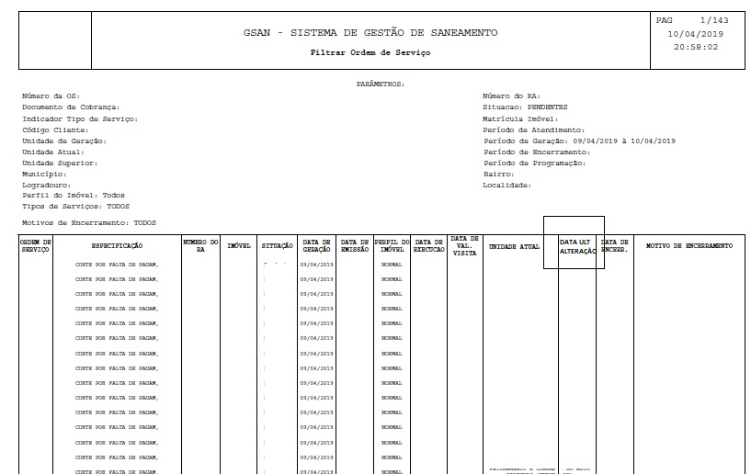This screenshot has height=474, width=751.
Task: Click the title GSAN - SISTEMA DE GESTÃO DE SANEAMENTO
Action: pyautogui.click(x=370, y=33)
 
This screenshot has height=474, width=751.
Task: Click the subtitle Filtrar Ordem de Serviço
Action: pyautogui.click(x=370, y=52)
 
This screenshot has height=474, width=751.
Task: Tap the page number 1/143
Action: pyautogui.click(x=713, y=20)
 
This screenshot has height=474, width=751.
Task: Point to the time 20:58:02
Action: pyautogui.click(x=696, y=47)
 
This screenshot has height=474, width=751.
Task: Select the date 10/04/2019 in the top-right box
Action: pyautogui.click(x=696, y=33)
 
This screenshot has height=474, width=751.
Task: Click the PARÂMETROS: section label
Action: pyautogui.click(x=380, y=84)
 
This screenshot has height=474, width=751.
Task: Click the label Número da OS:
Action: pyautogui.click(x=51, y=96)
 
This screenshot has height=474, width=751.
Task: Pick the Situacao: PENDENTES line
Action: pyautogui.click(x=525, y=107)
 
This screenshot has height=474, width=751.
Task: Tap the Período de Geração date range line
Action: pyautogui.click(x=579, y=141)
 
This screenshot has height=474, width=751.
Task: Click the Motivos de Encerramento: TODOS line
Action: pyautogui.click(x=89, y=223)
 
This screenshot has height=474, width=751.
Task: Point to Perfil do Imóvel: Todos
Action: pyautogui.click(x=74, y=196)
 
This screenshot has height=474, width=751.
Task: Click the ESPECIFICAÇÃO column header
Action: pyautogui.click(x=117, y=246)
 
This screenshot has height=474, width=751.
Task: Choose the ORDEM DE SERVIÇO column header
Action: pyautogui.click(x=36, y=246)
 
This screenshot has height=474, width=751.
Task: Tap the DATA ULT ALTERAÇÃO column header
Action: pyautogui.click(x=577, y=246)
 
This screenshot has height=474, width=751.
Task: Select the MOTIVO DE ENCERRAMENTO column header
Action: pyautogui.click(x=689, y=246)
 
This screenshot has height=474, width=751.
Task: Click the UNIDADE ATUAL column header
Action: pyautogui.click(x=514, y=246)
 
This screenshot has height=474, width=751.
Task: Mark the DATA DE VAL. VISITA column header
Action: pyautogui.click(x=464, y=245)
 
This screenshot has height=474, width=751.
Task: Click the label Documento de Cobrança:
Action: pyautogui.click(x=71, y=107)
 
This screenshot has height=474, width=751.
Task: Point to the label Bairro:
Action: pyautogui.click(x=498, y=174)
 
